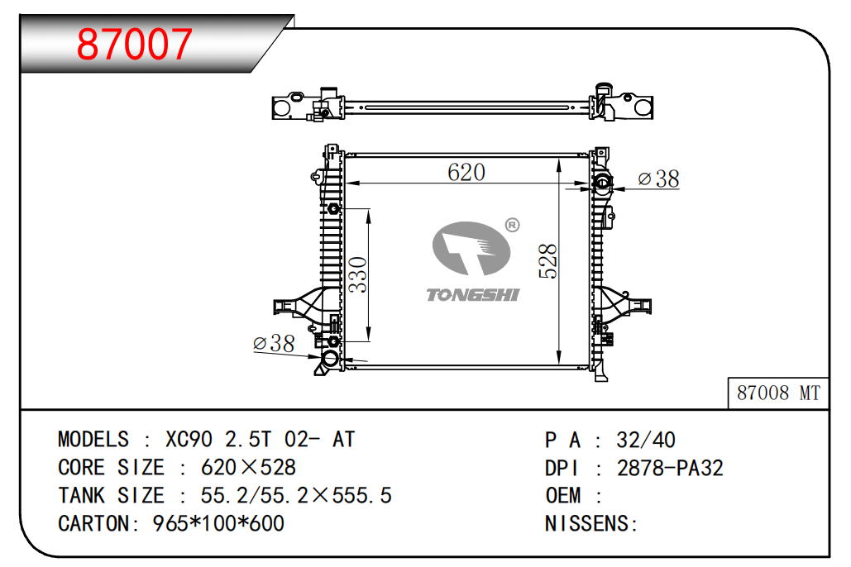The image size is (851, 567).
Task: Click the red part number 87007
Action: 134,44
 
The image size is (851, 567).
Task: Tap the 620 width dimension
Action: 466,172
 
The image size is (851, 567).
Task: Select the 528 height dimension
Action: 548,261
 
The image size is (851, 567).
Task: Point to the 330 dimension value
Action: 357,274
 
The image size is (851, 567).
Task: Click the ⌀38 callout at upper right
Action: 658,179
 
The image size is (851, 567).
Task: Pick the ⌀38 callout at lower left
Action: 274,343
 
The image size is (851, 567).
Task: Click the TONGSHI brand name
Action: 473,294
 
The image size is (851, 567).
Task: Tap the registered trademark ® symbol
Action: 512,225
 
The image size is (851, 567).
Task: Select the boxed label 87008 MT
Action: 778,393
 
